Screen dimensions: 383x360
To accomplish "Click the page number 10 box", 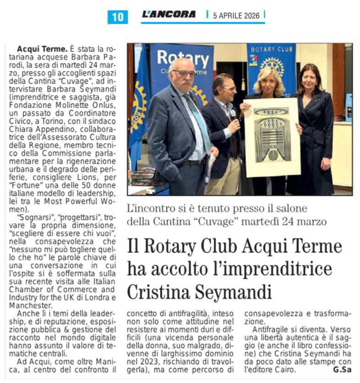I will click(118, 17).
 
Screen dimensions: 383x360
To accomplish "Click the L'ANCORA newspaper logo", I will click(168, 14).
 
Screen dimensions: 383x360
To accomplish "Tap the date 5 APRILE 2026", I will click(236, 16).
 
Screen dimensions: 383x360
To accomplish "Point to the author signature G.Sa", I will click(342, 370).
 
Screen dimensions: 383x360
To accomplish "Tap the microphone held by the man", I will click(233, 113).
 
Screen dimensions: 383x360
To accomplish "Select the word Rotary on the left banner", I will click(183, 58).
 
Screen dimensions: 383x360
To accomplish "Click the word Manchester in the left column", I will click(33, 305).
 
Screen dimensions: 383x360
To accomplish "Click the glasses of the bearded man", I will click(184, 73).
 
